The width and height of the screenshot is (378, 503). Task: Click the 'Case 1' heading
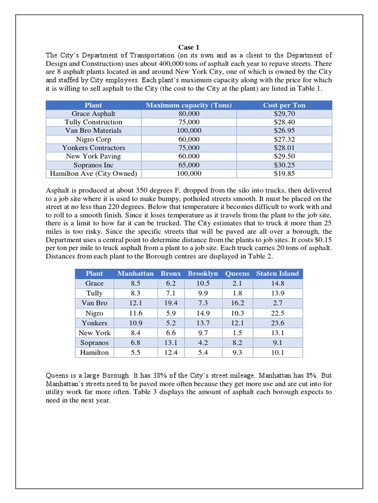pyautogui.click(x=189, y=47)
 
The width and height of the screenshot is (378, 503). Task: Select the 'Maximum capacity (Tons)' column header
pyautogui.click(x=189, y=105)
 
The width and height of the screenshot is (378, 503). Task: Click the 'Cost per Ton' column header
pyautogui.click(x=284, y=105)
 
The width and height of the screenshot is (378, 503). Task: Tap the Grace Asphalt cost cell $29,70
pyautogui.click(x=284, y=113)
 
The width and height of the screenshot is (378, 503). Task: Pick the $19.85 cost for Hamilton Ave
pyautogui.click(x=284, y=173)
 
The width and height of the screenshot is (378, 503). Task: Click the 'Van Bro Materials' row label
pyautogui.click(x=94, y=131)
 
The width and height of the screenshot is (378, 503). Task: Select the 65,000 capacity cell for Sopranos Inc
pyautogui.click(x=189, y=165)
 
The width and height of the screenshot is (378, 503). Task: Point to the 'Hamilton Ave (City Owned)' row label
pyautogui.click(x=94, y=173)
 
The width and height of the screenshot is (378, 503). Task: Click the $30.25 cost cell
pyautogui.click(x=284, y=165)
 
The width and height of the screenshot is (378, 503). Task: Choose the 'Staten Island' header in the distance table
pyautogui.click(x=277, y=273)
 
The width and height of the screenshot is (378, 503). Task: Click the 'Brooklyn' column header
pyautogui.click(x=203, y=273)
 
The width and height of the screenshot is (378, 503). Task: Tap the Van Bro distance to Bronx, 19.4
pyautogui.click(x=171, y=303)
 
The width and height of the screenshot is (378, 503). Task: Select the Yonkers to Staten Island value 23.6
pyautogui.click(x=277, y=323)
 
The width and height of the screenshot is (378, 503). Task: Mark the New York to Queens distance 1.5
pyautogui.click(x=237, y=333)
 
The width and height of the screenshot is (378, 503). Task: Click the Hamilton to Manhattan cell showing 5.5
pyautogui.click(x=135, y=352)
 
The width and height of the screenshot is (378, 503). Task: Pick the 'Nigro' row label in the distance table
pyautogui.click(x=94, y=313)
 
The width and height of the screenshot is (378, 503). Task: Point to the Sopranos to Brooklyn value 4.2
pyautogui.click(x=203, y=342)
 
